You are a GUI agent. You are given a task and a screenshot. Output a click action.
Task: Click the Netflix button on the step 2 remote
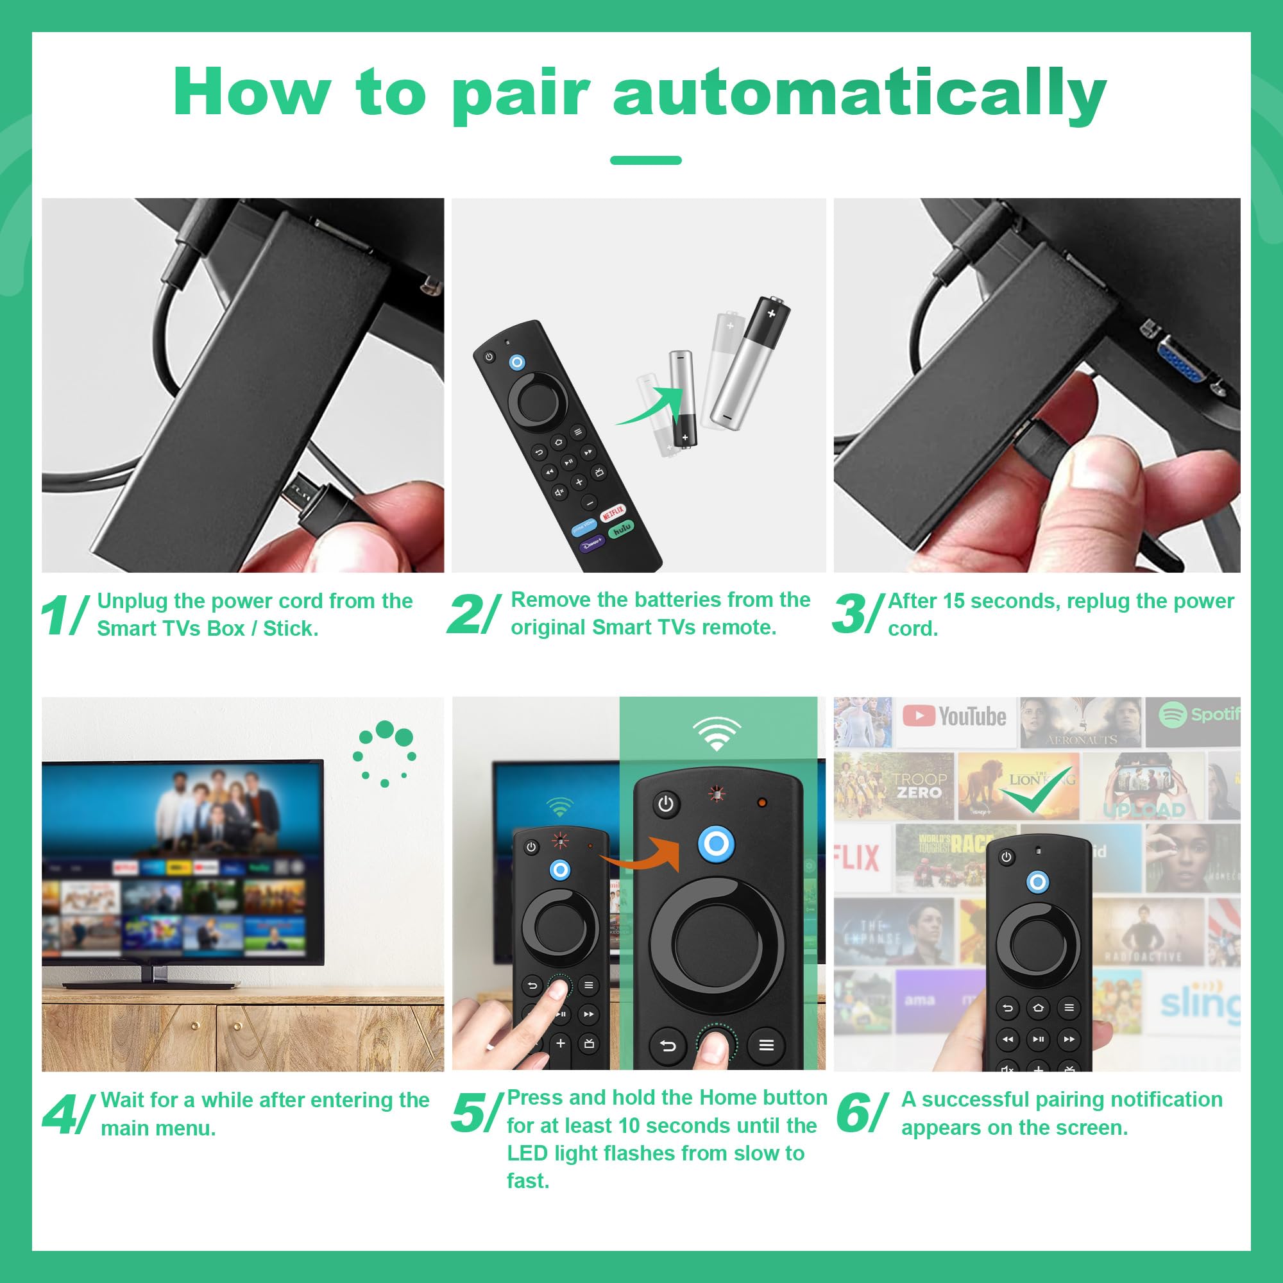click(612, 513)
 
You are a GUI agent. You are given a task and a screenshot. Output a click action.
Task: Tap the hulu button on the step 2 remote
click(621, 529)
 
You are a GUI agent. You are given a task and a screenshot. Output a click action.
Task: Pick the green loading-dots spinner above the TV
click(384, 752)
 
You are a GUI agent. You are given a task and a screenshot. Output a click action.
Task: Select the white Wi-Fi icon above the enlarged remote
click(716, 733)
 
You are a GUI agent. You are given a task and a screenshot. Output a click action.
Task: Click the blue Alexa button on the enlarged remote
click(716, 844)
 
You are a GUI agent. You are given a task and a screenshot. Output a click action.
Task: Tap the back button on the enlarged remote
click(668, 1046)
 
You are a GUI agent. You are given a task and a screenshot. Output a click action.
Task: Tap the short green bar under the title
click(645, 160)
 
